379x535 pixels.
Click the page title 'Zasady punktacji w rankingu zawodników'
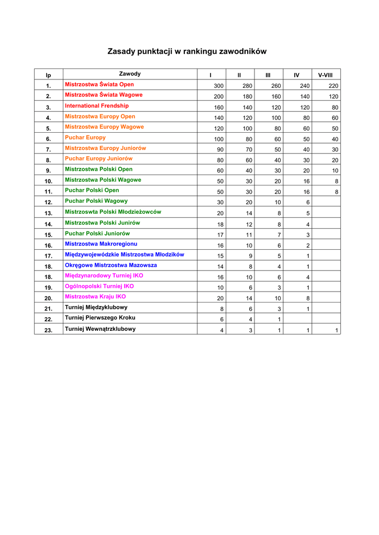187,51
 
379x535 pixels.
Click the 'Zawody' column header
130,74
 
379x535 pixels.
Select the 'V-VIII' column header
326,75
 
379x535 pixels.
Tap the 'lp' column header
48,75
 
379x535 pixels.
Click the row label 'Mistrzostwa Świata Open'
99,84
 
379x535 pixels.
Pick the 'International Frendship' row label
97,106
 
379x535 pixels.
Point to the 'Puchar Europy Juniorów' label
99,158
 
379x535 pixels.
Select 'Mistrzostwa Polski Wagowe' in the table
103,180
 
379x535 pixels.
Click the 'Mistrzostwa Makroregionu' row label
101,243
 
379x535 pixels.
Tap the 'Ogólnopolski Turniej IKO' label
99,286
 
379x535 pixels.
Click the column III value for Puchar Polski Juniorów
279,235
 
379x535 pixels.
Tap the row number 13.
49,213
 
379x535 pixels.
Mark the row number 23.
49,330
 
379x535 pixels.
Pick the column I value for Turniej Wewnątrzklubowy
222,330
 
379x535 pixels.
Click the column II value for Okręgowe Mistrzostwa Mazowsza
250,266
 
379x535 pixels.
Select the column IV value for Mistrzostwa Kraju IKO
308,298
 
